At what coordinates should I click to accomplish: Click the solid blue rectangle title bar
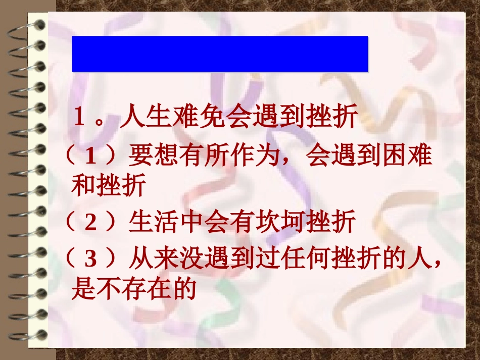pyautogui.click(x=220, y=54)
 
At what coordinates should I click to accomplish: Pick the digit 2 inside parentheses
pyautogui.click(x=90, y=222)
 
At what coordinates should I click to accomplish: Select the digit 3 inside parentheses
pyautogui.click(x=90, y=260)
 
